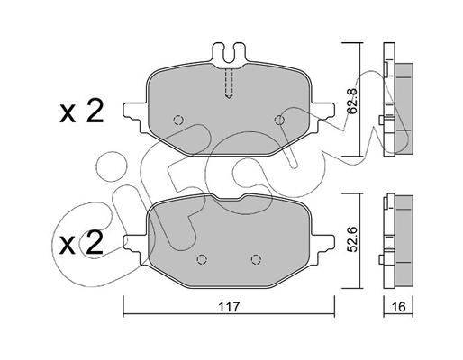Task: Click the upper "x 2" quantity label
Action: (x=81, y=112)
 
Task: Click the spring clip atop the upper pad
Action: (x=229, y=55)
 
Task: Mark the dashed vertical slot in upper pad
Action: (x=229, y=85)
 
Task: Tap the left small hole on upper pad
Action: (x=178, y=120)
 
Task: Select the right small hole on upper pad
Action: (x=279, y=120)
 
